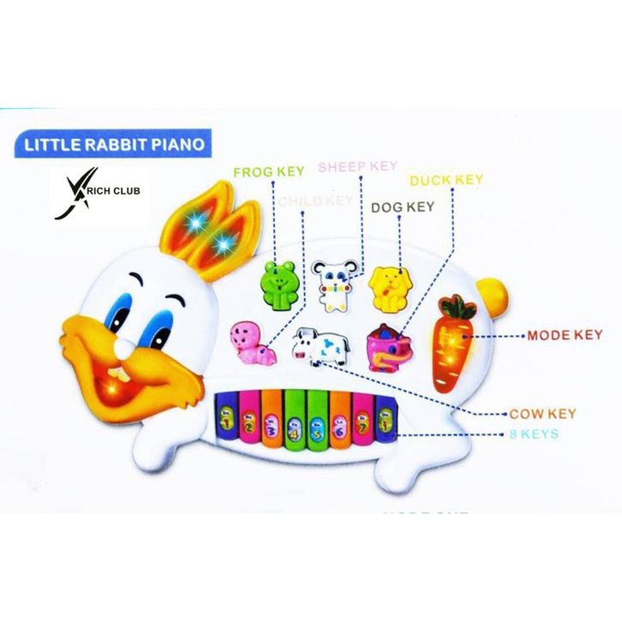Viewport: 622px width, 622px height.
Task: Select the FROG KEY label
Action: pos(269,172)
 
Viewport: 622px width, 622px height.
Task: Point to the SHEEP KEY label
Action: pos(357,166)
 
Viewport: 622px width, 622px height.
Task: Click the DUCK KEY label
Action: pos(446,180)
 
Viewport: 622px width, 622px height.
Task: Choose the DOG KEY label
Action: pos(402,206)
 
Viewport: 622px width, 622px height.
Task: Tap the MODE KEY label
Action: pos(565,334)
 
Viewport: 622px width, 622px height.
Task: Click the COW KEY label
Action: pos(543,413)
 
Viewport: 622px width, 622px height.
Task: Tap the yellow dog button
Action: pos(387,286)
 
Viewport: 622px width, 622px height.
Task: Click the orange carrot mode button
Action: pos(454,342)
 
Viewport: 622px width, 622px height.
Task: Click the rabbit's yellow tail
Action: pos(494,294)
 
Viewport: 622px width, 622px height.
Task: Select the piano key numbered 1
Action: pos(227,419)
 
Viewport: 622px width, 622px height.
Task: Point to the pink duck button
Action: pos(387,348)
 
